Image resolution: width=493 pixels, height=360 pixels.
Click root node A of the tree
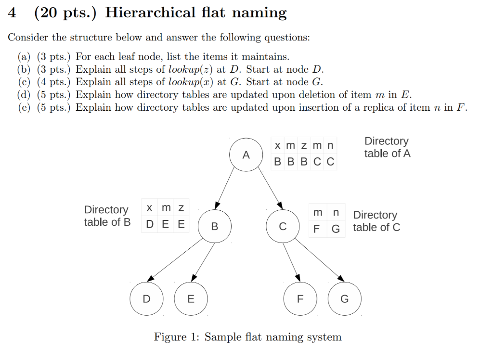(246, 155)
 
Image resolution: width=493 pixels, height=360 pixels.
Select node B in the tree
(215, 226)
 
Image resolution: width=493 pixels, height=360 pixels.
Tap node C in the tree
(283, 226)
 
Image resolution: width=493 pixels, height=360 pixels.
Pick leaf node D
(146, 298)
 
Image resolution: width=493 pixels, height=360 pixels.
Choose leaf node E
(191, 298)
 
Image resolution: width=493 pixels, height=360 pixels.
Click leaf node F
(300, 298)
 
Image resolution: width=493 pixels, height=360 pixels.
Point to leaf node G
(344, 298)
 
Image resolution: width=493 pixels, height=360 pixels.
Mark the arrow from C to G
(320, 260)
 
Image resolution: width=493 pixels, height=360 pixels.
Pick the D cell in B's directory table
(150, 224)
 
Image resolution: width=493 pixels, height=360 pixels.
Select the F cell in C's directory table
(316, 229)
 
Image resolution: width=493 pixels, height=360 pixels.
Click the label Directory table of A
(387, 147)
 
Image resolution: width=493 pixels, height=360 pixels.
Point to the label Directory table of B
(107, 216)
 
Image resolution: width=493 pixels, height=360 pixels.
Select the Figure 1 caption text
(247, 337)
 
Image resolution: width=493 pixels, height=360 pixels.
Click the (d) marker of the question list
(24, 94)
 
